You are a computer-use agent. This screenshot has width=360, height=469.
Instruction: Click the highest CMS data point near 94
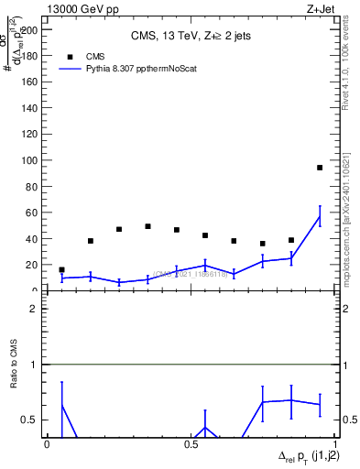(320, 168)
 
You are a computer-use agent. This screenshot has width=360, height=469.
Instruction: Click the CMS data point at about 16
(61, 270)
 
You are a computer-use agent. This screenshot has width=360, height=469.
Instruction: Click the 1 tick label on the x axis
(335, 443)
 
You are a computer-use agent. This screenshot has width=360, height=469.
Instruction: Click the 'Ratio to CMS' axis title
(14, 377)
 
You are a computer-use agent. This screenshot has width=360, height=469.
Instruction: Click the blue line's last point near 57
(320, 216)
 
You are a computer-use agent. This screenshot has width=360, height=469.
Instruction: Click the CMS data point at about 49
(147, 226)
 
